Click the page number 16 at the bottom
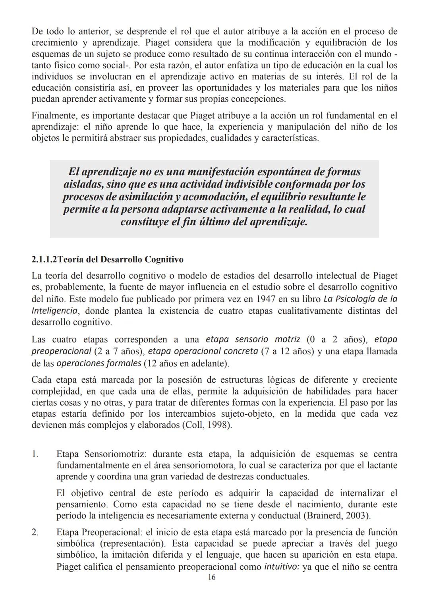212,577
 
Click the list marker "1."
35,454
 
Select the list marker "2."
35,532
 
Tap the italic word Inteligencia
54,310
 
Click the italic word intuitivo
282,566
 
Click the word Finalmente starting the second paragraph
54,116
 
